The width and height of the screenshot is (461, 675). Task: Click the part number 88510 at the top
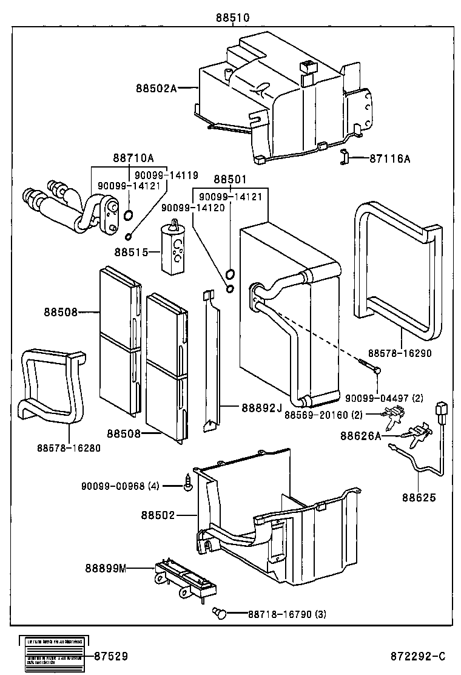[232, 18]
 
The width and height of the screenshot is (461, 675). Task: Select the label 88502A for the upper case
[156, 89]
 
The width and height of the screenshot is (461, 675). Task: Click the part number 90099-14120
[193, 208]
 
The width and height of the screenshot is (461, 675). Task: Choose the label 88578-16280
[69, 448]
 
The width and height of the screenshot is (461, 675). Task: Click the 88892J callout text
[262, 407]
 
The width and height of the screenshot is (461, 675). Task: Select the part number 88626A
[361, 435]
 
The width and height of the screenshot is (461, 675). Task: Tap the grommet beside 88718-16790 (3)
[221, 614]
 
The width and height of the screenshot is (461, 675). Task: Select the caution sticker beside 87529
[53, 656]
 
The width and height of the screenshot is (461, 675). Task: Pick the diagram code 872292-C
[418, 657]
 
